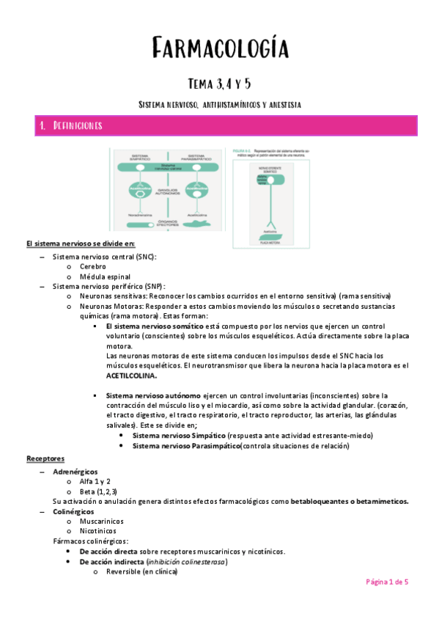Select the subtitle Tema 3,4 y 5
pos(219,82)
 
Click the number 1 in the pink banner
pos(43,126)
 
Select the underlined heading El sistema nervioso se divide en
pos(81,244)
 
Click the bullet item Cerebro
pos(93,266)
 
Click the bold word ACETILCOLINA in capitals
pos(131,375)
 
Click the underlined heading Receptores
pos(45,458)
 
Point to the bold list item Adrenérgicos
pos(75,470)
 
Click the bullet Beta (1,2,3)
pos(99,491)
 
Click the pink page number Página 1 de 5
pos(387,582)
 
